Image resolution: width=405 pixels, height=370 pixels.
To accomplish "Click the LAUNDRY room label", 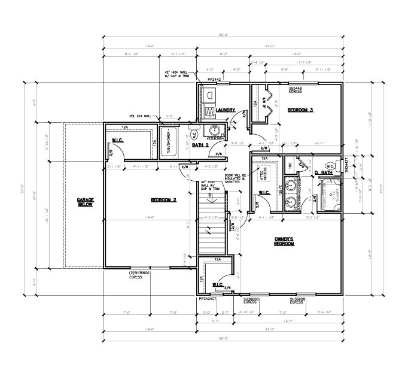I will pyautogui.click(x=226, y=110).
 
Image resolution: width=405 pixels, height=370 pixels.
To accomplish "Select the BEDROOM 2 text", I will pyautogui.click(x=162, y=199).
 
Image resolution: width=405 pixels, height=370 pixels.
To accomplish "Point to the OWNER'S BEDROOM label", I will pyautogui.click(x=284, y=241).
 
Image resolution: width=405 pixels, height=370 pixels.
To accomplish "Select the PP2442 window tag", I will pyautogui.click(x=215, y=79).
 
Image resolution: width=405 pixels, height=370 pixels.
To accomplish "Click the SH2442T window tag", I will pyautogui.click(x=346, y=165).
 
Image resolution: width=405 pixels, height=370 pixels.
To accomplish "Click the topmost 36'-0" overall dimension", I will pyautogui.click(x=223, y=35).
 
